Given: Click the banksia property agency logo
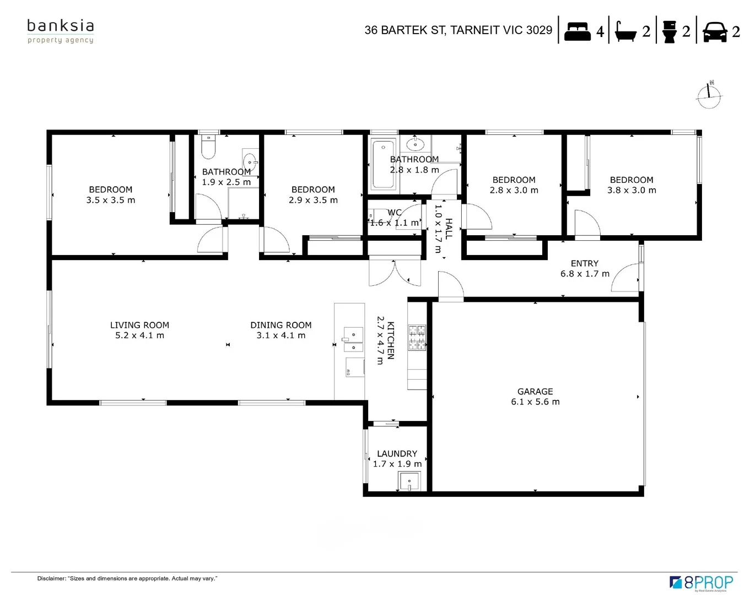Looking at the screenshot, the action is click(x=61, y=32).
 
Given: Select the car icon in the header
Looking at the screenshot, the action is click(x=714, y=32).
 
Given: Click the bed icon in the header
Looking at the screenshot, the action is click(x=577, y=32).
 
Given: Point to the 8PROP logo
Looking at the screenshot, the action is click(x=701, y=582).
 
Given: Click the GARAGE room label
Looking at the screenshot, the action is click(x=535, y=392).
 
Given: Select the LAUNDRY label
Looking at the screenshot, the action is click(x=397, y=453).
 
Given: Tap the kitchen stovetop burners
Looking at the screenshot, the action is click(x=417, y=337).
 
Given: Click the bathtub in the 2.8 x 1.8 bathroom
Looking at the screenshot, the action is click(x=384, y=164).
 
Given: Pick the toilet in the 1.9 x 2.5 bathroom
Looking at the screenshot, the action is click(x=208, y=147).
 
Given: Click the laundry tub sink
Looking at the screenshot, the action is click(x=409, y=482).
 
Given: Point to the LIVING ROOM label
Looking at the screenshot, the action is click(x=139, y=325).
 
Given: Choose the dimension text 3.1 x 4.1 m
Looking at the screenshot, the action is click(x=281, y=336).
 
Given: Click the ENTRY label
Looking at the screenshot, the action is click(x=585, y=263).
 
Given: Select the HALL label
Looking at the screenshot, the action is click(x=449, y=229).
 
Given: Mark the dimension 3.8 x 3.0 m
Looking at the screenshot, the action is click(x=632, y=190).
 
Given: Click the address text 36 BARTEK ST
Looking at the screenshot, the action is click(x=405, y=30).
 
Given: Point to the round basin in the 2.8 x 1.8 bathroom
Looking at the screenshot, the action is click(x=416, y=144).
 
